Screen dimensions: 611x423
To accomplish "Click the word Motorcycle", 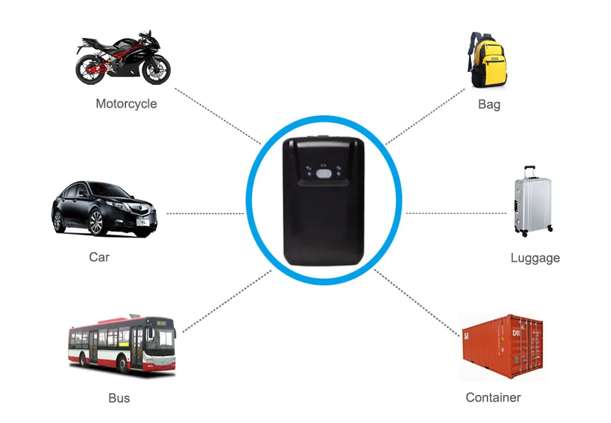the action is point(126,104).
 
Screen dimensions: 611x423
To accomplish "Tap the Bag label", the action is point(489,104).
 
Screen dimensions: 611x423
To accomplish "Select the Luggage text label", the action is point(535,258).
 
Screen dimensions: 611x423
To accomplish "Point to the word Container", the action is point(493,398).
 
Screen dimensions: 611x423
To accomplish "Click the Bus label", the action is point(119,398).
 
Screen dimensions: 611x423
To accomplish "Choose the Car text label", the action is point(99,257).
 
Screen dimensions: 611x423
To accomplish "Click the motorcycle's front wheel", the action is point(156,70).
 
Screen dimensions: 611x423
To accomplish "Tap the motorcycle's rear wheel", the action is point(90,69).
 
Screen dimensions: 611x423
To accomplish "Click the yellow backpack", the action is point(488,60).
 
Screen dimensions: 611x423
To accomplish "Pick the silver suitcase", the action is point(533,202).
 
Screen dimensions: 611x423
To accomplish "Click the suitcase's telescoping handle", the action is point(530,172).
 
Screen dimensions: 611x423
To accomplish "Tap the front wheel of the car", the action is point(96,222).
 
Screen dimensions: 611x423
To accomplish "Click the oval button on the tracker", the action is point(323,173).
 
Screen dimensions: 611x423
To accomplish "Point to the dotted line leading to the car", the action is point(205,213).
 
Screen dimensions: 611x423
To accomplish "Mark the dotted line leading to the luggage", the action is point(456,213).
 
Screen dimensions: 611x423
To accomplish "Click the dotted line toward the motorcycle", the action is point(218,116).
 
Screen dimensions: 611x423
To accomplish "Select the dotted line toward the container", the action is point(416,303).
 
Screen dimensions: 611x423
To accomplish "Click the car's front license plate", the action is point(143,222).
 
